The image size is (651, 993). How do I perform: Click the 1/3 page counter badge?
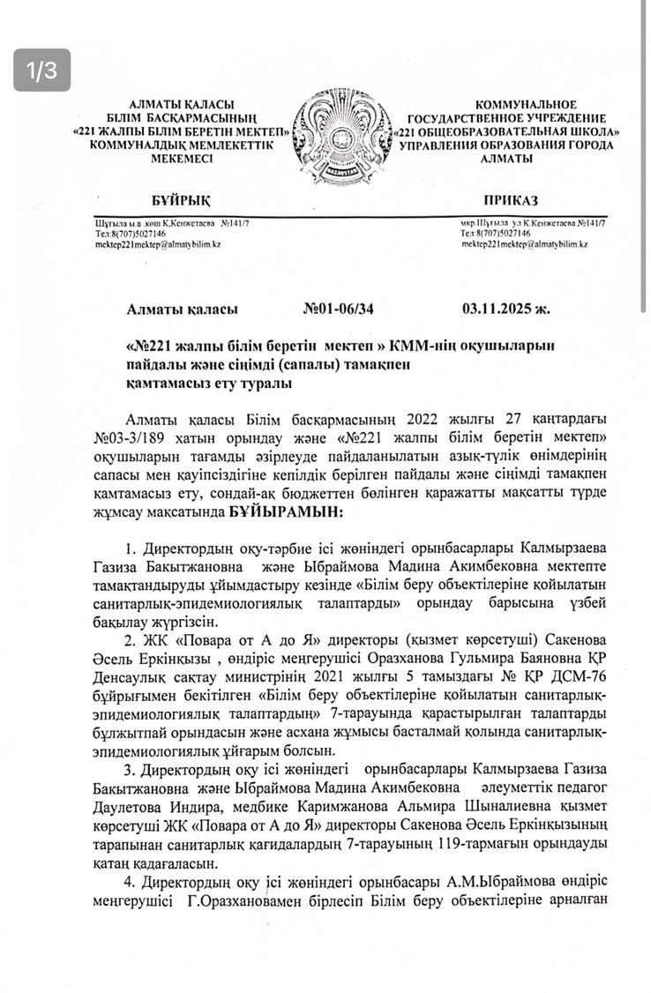(x=41, y=71)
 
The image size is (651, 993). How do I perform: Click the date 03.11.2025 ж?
(x=505, y=310)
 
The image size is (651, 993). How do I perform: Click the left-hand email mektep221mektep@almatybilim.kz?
(x=158, y=244)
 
